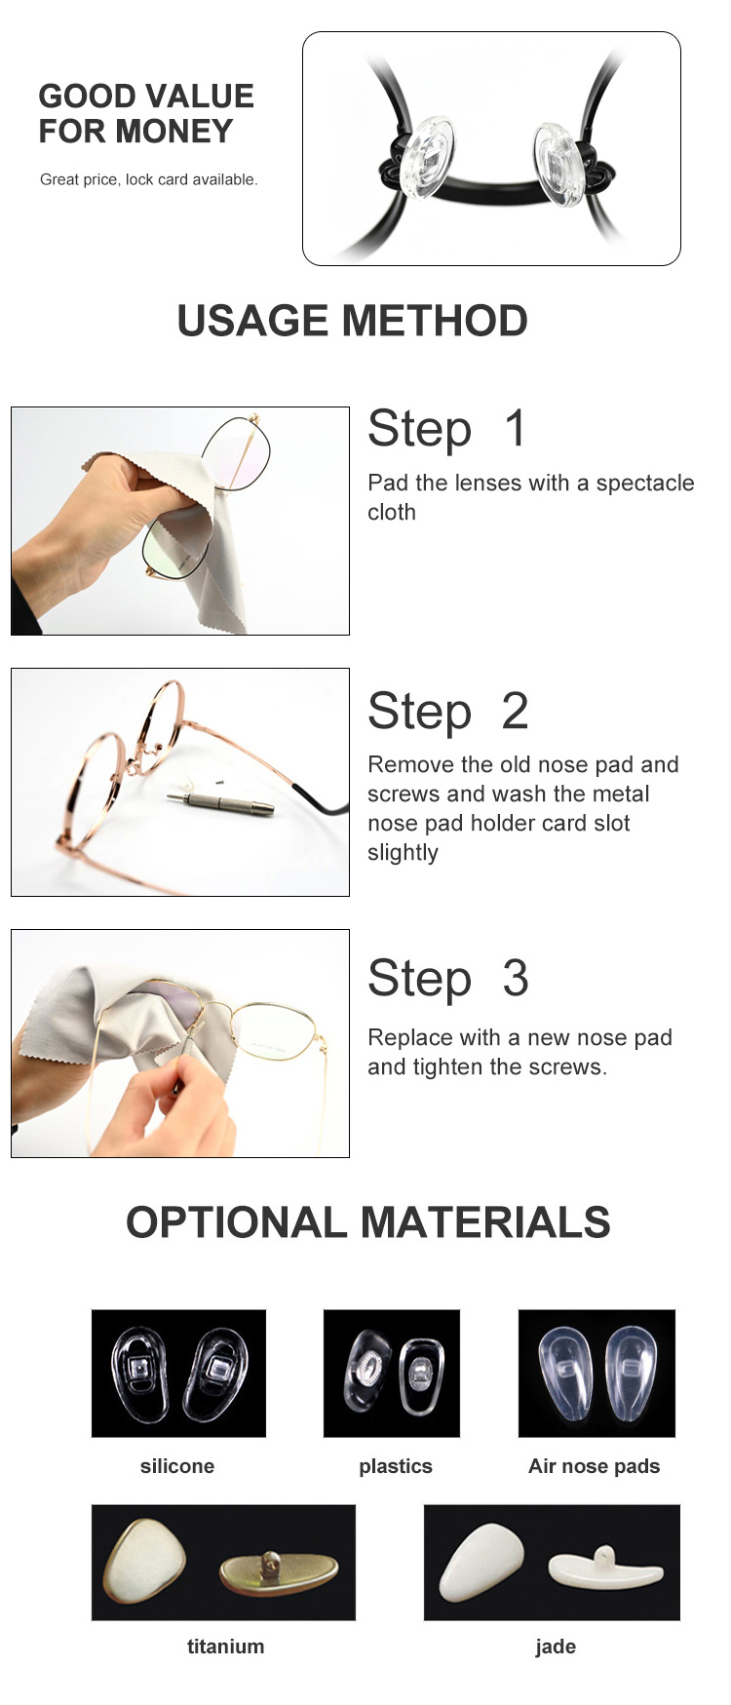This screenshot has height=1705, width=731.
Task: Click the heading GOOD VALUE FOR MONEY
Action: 146,113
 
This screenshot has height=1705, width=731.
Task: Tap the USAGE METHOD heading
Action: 353,321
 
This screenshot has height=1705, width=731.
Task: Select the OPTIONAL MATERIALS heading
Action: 368,1222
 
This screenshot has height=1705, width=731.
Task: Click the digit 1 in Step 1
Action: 516,429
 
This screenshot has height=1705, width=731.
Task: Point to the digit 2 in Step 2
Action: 516,711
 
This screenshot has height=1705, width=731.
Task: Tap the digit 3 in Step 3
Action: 516,978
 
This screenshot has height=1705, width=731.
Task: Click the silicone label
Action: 177,1466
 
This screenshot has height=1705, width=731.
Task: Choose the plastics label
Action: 396,1466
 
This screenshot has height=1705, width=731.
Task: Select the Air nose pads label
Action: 595,1466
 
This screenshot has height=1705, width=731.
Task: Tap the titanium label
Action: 225,1647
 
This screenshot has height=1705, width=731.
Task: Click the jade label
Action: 556,1647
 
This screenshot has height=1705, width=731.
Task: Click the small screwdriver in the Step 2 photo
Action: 219,802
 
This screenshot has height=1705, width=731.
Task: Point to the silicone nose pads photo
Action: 178,1373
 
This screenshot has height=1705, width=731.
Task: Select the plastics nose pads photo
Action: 392,1373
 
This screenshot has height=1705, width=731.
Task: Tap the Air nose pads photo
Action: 596,1373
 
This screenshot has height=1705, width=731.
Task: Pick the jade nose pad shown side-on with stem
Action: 606,1568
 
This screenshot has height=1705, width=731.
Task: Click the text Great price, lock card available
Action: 149,179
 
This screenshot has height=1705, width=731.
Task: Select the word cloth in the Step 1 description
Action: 392,512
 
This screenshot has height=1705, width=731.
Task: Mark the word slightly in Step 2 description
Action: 404,853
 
